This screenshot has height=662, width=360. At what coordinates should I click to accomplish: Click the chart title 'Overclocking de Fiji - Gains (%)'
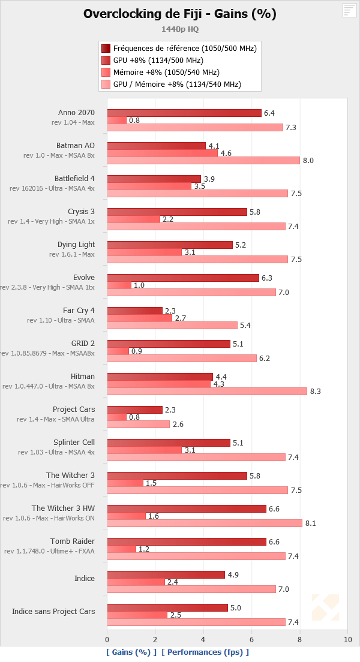[180, 14]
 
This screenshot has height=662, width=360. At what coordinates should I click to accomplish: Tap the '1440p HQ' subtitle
[180, 28]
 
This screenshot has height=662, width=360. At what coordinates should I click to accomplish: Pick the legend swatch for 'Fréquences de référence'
[106, 48]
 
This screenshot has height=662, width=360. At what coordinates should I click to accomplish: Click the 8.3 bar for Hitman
[207, 391]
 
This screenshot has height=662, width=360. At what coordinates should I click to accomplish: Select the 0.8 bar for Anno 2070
[117, 120]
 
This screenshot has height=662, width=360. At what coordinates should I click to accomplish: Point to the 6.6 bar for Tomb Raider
[187, 541]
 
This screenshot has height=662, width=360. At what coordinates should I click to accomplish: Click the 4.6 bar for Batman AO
[163, 153]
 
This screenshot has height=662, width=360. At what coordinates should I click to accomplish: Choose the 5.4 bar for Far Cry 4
[172, 325]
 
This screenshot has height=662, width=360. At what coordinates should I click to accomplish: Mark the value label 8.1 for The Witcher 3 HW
[310, 523]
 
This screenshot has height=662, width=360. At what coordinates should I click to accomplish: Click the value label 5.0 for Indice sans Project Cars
[236, 607]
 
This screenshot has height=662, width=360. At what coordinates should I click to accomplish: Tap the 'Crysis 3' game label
[81, 211]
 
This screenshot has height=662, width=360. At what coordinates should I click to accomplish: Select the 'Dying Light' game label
[76, 244]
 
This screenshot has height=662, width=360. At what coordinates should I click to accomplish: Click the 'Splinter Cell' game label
[74, 442]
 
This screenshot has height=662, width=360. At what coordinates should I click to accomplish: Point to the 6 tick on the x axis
[251, 639]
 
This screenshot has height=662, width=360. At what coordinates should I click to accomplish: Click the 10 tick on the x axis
[347, 639]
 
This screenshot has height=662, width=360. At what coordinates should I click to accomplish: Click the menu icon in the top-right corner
[349, 10]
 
